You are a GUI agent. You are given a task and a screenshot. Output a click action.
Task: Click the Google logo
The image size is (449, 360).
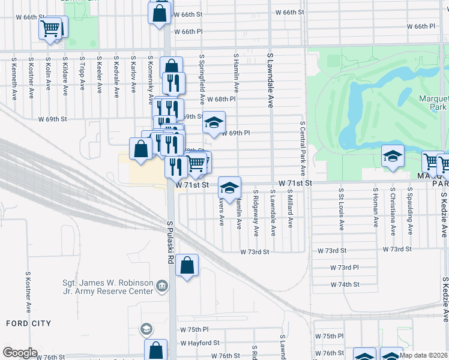20,353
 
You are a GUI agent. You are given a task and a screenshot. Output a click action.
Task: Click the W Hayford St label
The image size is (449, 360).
200,343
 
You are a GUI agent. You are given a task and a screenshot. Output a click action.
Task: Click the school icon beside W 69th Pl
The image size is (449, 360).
213,123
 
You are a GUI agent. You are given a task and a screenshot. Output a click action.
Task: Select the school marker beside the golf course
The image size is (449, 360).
392,157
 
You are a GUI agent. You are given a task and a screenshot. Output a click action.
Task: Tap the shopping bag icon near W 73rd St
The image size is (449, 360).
187,265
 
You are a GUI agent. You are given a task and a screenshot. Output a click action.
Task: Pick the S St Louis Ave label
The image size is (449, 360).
341,209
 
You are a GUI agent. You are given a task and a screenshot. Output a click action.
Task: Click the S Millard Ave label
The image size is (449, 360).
290,209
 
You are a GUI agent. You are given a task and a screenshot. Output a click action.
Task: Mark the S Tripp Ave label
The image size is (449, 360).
82,74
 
